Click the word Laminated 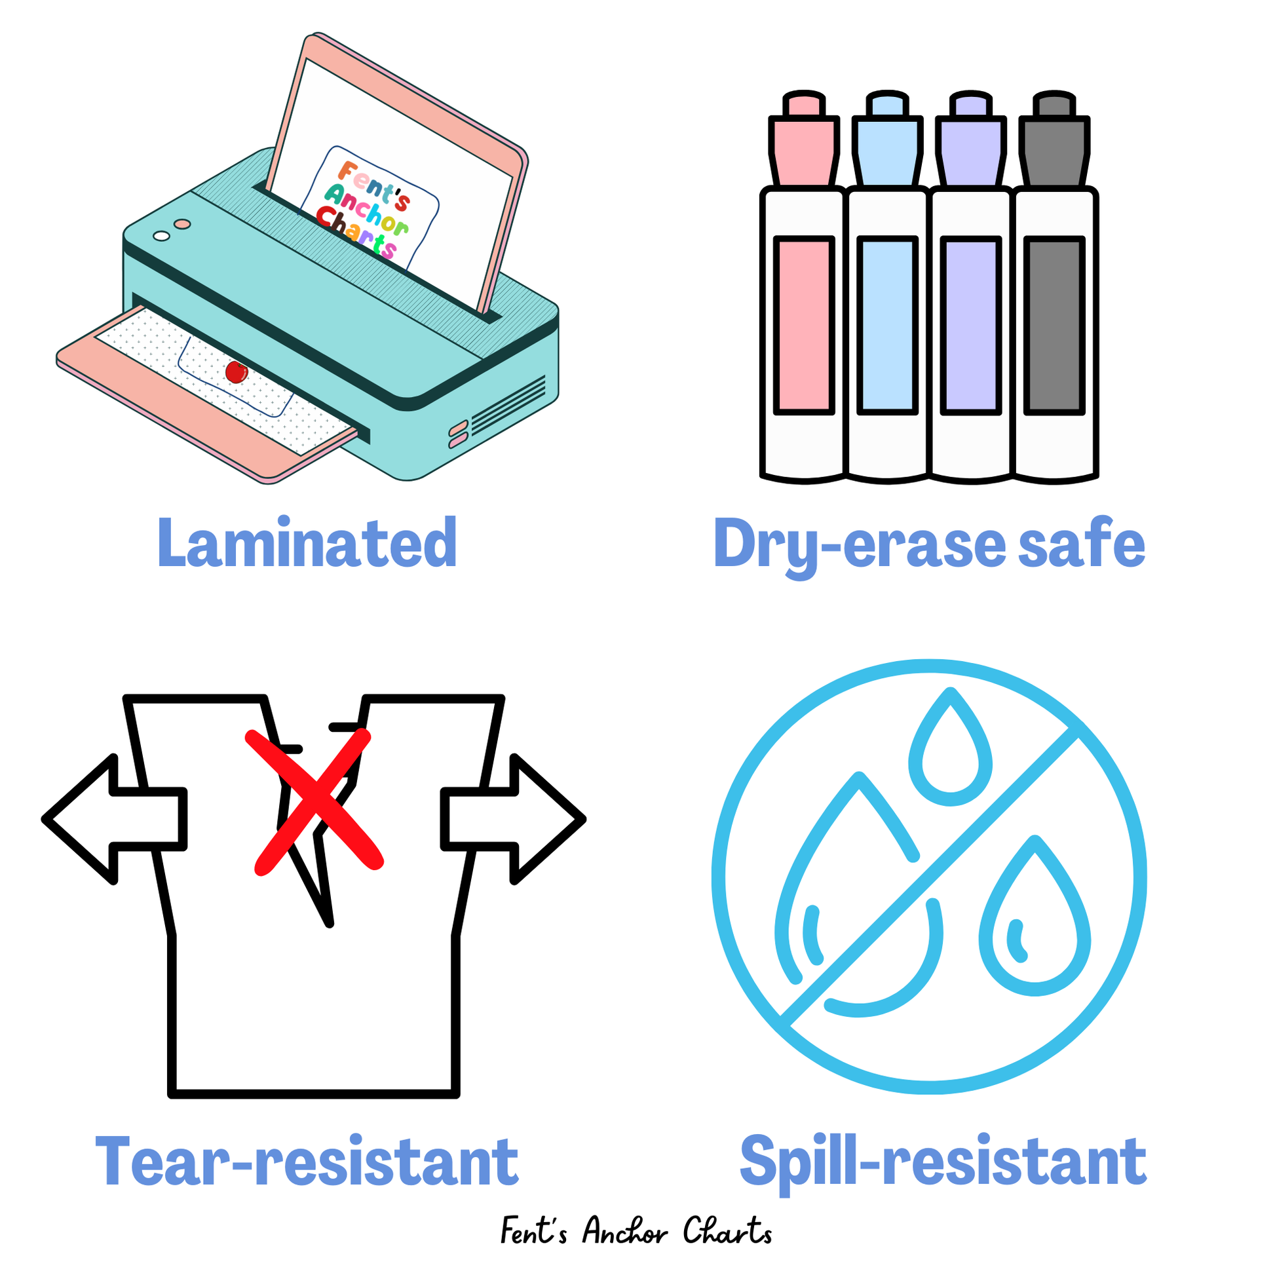coord(307,543)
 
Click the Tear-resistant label coord(307,1162)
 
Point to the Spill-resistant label coord(943,1162)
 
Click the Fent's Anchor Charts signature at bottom coord(636,1232)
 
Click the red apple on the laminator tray coord(237,372)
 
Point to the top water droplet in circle coord(950,752)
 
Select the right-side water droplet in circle coord(1035,924)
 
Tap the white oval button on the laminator coord(161,236)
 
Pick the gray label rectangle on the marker coord(1055,326)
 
